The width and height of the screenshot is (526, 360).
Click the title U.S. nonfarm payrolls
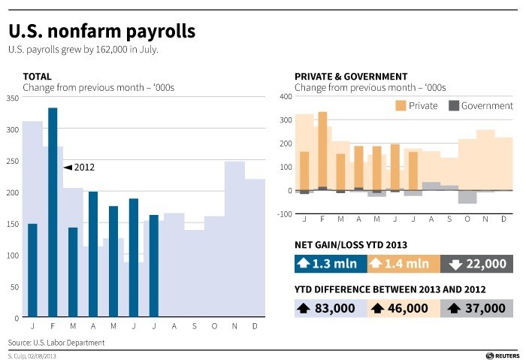point(101,31)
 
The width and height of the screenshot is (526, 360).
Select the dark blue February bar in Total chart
point(53,212)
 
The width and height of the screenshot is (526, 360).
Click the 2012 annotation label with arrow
point(80,167)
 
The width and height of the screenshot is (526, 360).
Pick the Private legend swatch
point(401,106)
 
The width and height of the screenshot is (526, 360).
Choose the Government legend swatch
point(453,106)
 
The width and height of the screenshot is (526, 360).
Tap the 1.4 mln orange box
point(404,264)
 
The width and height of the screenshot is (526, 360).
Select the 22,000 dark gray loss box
point(476,264)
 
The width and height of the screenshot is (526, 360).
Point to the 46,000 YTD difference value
point(404,308)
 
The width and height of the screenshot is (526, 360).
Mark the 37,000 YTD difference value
point(476,308)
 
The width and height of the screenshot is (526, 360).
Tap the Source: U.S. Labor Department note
point(56,343)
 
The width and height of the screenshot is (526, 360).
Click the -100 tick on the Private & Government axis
point(284,214)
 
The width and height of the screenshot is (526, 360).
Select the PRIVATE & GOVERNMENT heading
point(351,77)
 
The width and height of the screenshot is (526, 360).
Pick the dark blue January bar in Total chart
point(32,271)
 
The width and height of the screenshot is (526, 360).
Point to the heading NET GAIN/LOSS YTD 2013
point(350,244)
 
